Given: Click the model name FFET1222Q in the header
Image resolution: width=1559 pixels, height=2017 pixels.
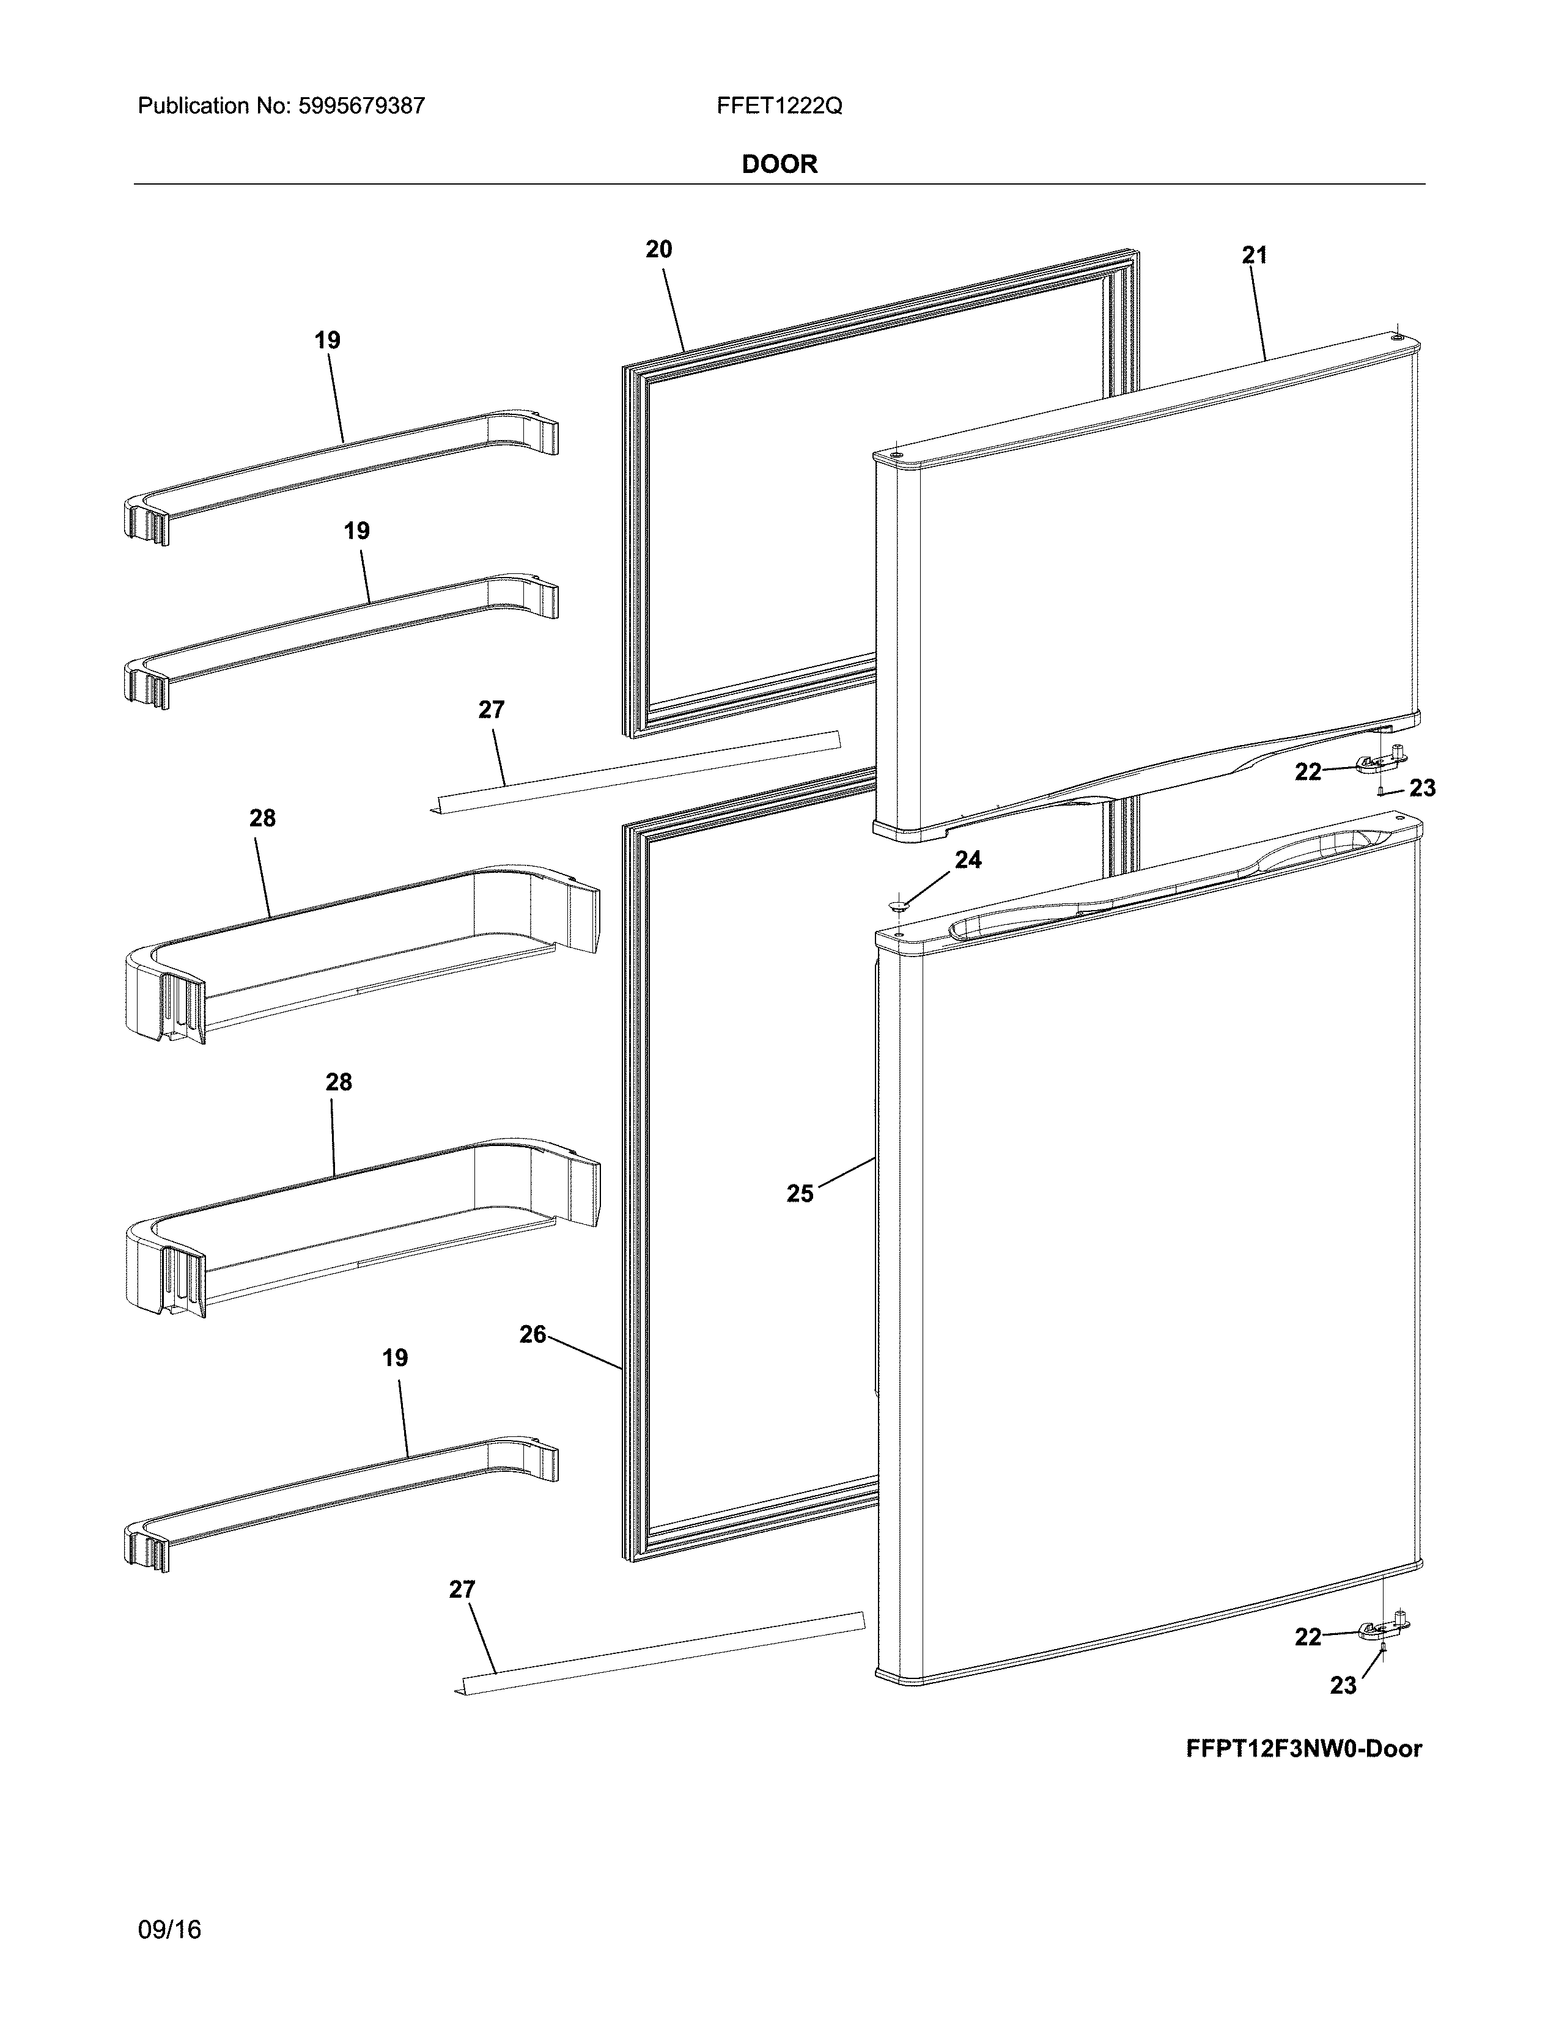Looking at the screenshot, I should click(778, 106).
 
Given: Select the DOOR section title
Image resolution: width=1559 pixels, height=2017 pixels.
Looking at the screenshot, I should click(779, 164).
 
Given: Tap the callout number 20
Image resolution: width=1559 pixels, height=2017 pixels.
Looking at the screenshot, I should click(658, 249).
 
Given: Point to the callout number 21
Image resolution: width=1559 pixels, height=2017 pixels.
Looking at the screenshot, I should click(1254, 256).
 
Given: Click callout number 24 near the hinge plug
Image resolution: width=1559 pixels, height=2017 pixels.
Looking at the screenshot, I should click(968, 860).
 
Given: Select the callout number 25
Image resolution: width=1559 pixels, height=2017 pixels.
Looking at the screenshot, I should click(800, 1194).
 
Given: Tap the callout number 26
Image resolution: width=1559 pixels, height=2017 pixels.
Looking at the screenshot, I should click(533, 1334).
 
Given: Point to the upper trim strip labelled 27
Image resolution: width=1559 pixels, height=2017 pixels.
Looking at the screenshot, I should click(637, 768).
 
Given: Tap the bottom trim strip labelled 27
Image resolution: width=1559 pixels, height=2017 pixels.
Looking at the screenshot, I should click(660, 1650).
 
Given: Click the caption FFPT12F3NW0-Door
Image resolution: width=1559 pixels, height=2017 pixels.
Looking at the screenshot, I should click(1303, 1748).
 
